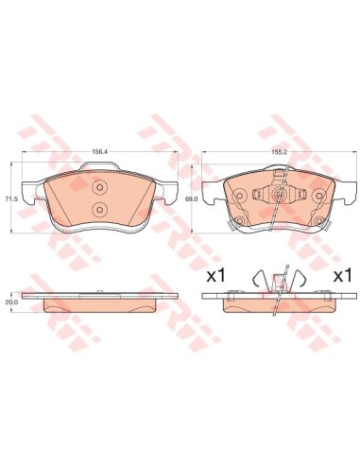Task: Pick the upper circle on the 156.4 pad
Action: point(98,188)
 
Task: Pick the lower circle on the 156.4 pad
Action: point(98,208)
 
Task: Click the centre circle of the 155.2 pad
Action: point(279,196)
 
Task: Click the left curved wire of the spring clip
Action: point(255,280)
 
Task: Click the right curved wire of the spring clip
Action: point(300,280)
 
